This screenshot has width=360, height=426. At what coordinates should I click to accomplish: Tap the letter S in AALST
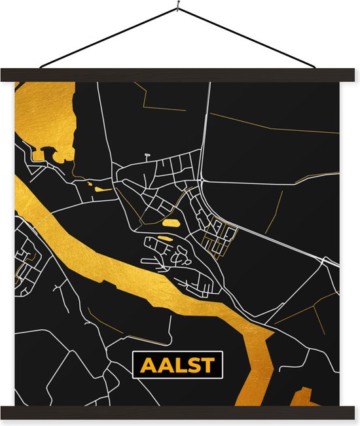click(x=190, y=365)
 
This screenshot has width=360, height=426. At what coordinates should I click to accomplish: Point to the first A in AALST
click(x=144, y=365)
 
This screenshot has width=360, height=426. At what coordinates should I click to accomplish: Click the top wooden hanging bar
click(x=179, y=75)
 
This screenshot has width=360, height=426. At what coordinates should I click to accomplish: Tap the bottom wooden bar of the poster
click(x=179, y=412)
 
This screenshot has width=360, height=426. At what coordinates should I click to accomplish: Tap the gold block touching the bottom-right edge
click(x=302, y=397)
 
